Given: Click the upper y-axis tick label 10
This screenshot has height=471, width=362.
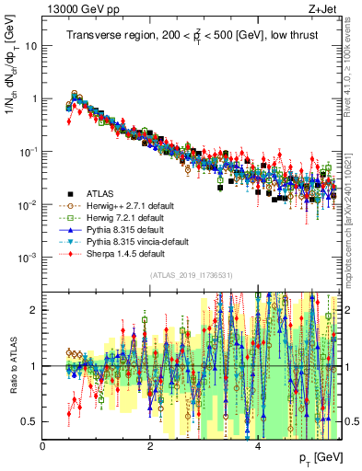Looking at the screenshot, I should coord(32,45).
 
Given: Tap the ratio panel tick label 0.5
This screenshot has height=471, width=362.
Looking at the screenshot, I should coord(30,421).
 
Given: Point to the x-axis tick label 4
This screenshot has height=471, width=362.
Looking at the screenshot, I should coord(258,446).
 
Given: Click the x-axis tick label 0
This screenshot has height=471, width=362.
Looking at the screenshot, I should coord(43,446).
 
